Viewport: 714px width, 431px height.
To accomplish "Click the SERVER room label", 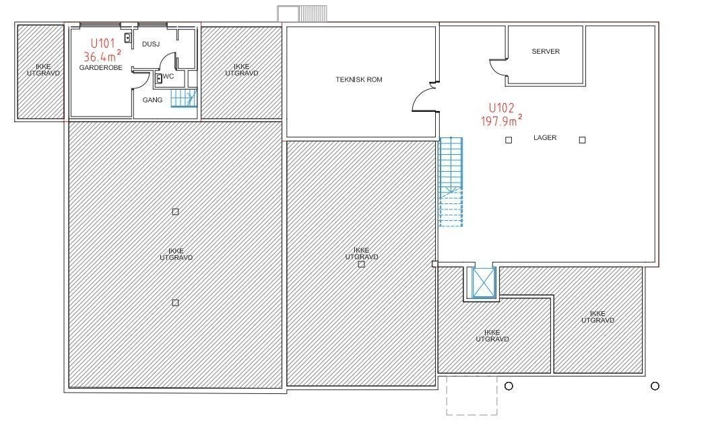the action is tap(546, 51).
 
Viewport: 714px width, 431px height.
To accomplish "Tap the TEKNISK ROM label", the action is tap(359, 79).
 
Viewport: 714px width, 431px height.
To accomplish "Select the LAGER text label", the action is tap(545, 137).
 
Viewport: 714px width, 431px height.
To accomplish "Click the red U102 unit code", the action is tap(501, 108).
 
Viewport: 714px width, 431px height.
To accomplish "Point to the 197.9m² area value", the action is tap(501, 121).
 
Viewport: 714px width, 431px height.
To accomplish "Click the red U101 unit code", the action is tap(102, 44).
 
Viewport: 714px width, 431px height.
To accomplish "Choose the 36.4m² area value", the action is tap(102, 57).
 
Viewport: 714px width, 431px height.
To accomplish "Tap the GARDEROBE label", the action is tap(100, 67).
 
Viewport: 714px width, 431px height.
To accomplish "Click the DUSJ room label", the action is tap(151, 44).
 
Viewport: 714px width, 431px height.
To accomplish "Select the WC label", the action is tap(168, 77).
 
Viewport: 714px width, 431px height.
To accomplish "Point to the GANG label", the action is tap(152, 100).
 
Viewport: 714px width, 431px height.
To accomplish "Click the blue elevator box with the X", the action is tap(484, 283).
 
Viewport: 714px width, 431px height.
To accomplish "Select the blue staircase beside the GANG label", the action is tap(183, 98).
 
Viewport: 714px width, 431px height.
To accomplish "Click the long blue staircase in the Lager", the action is tap(451, 182).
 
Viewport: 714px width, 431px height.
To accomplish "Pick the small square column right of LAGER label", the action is tap(582, 140).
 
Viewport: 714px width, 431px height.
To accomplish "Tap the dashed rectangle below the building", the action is tap(472, 395).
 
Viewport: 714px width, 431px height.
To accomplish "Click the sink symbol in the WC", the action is tap(159, 78).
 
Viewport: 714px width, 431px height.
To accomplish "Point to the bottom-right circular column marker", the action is tap(655, 387).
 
